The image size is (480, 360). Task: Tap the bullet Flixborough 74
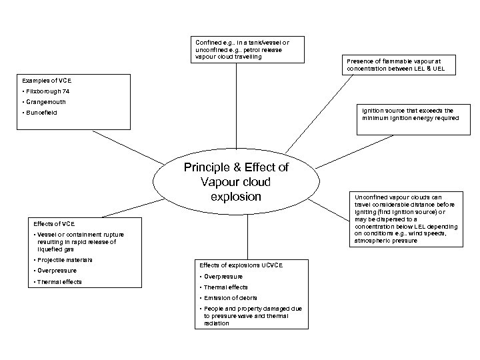[x=49, y=91]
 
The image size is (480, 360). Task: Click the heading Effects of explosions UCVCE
[x=241, y=265]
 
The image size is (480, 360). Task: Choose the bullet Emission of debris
[x=231, y=297]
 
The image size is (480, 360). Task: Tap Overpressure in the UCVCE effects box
[x=224, y=276]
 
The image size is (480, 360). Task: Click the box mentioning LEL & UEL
[x=399, y=64]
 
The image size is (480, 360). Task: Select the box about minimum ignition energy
[x=410, y=114]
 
